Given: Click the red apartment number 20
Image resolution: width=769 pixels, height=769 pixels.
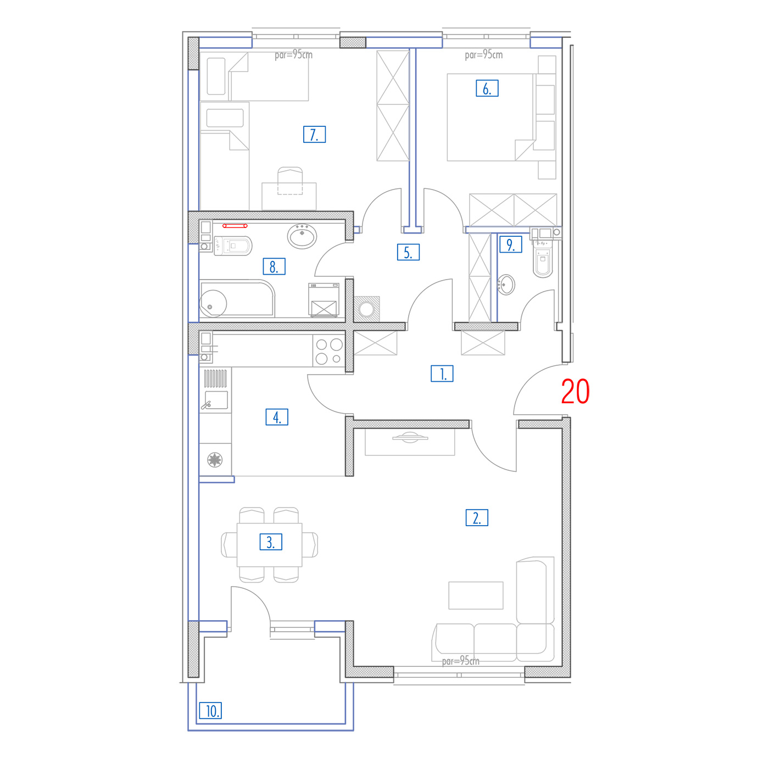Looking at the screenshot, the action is tap(575, 391).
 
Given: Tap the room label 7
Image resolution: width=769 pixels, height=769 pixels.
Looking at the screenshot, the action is tap(314, 135).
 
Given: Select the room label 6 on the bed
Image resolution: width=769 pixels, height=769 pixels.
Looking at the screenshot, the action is tap(487, 88).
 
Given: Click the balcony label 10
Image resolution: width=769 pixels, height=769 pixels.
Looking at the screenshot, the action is tap(210, 711).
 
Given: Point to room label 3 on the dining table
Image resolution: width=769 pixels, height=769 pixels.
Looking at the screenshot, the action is tap(271, 542).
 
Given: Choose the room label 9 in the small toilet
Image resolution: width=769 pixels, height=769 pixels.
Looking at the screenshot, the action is tap(511, 244).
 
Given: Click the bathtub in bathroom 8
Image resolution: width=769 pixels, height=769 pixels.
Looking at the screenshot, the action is tap(237, 298).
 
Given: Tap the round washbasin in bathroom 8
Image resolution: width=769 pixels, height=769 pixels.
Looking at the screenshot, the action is tap(302, 236).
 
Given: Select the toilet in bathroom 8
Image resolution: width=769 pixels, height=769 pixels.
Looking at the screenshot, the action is tap(233, 246).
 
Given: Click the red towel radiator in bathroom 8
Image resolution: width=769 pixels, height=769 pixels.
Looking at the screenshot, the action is tap(235, 226).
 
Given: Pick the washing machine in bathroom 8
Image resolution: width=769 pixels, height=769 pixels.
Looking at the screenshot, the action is tap(324, 300).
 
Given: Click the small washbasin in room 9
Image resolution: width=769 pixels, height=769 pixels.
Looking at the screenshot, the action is tap(506, 285).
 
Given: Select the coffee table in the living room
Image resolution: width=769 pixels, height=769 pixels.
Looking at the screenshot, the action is tap(476, 595).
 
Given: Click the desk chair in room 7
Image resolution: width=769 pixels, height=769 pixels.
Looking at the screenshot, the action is tap(290, 181).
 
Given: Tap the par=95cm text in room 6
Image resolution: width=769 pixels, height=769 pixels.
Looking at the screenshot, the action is tap(484, 55).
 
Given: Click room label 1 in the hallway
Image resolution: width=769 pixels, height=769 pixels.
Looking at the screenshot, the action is tap(442, 374).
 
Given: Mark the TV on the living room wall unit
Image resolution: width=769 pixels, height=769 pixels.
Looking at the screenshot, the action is tap(410, 437).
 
